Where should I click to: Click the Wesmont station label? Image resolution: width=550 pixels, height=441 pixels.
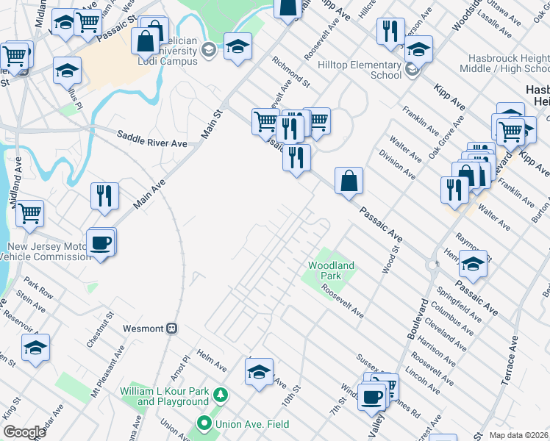(143, 328)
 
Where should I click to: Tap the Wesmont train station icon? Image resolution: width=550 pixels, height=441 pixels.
(172, 328)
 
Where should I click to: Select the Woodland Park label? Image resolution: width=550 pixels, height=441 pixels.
(331, 270)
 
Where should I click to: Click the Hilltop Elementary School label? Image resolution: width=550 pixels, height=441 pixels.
(360, 70)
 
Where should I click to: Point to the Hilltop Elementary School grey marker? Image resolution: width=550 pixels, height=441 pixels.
(411, 71)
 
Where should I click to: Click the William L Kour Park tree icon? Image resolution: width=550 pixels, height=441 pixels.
(219, 396)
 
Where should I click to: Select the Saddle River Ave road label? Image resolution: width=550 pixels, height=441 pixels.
(152, 139)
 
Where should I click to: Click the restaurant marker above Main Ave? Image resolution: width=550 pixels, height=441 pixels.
(104, 196)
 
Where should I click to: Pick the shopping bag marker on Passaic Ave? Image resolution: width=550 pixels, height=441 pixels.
(349, 180)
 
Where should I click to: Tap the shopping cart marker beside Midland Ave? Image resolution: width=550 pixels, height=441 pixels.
(30, 213)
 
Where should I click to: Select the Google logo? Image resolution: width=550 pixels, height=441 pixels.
(24, 432)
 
